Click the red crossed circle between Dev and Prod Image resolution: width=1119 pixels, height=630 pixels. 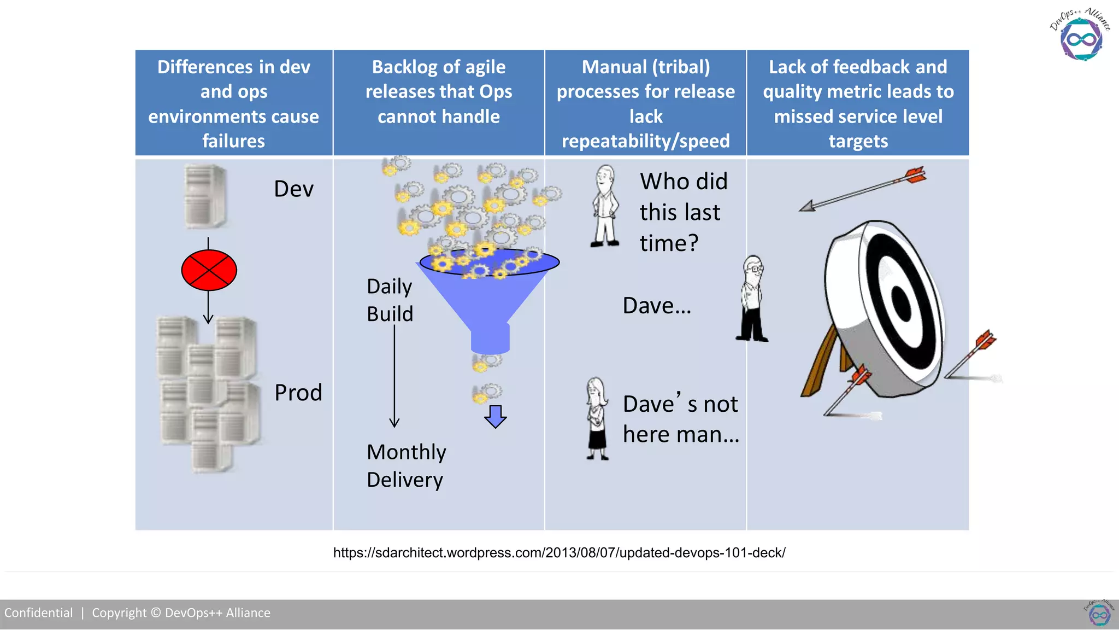[209, 270]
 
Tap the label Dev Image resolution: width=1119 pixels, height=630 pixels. [293, 189]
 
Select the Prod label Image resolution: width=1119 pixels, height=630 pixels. [298, 393]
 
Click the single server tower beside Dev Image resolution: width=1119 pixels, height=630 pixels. [205, 196]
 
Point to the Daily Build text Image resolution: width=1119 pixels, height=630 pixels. [390, 300]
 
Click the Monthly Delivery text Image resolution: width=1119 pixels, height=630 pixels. [406, 466]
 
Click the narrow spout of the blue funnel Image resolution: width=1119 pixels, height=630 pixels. [490, 338]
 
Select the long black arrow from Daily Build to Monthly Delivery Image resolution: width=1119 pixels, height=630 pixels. [394, 377]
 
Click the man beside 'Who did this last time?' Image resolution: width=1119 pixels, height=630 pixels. [605, 207]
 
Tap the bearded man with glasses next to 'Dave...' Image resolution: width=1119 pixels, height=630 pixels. [753, 299]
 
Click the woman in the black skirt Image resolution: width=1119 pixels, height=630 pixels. [597, 419]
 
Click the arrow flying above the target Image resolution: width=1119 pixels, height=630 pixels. [863, 190]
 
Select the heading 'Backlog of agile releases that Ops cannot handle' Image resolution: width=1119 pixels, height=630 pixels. [439, 92]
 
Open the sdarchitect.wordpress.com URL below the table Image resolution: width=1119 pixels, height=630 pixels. [559, 553]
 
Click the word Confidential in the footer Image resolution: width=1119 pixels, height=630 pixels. [39, 613]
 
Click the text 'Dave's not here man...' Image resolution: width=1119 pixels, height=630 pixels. [681, 419]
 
